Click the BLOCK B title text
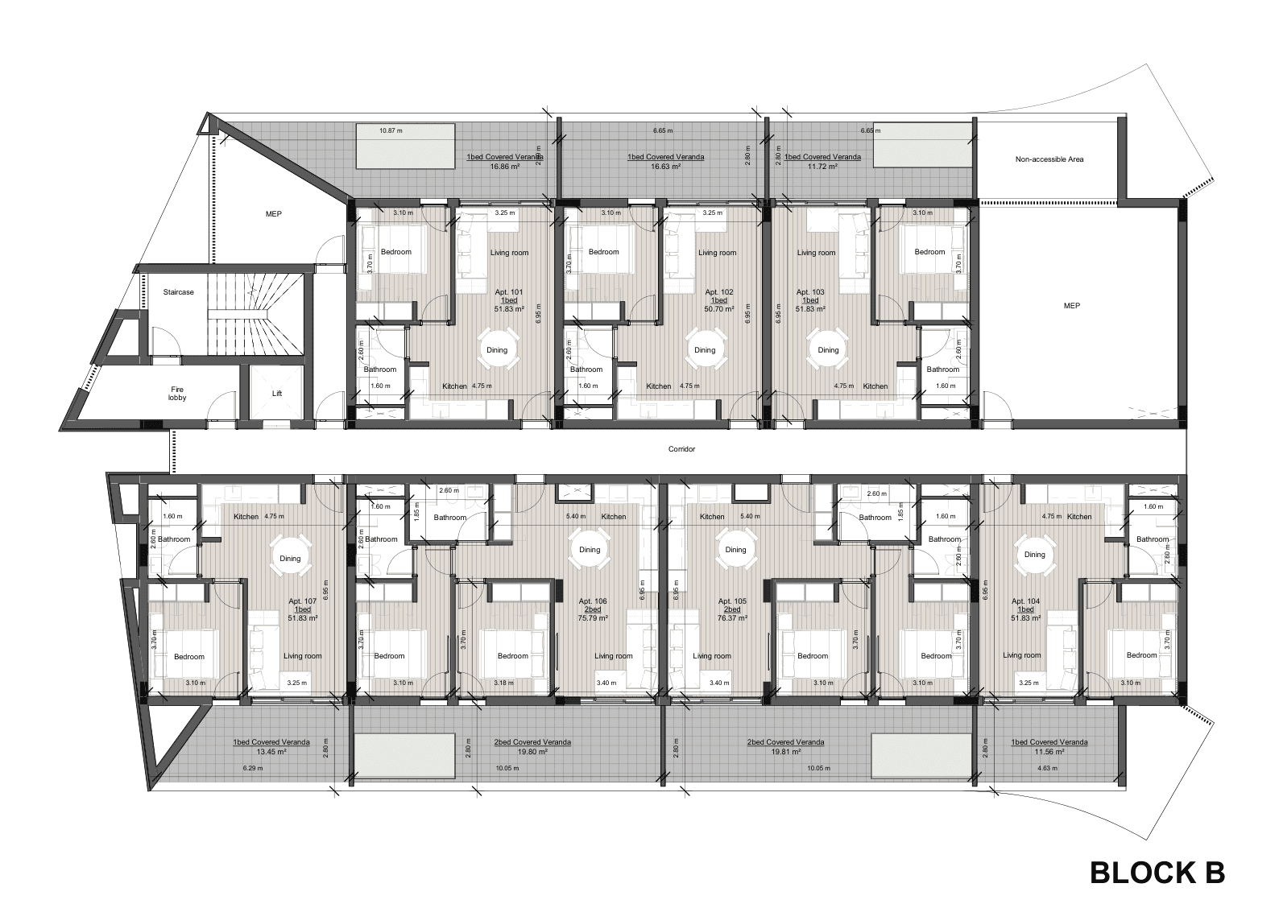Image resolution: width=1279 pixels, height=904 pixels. pyautogui.click(x=1157, y=873)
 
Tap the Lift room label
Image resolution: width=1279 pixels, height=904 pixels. pyautogui.click(x=277, y=393)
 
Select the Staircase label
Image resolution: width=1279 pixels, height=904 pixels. pyautogui.click(x=178, y=292)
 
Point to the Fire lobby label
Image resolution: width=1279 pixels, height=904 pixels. pyautogui.click(x=177, y=394)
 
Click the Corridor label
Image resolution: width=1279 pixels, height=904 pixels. pyautogui.click(x=681, y=449)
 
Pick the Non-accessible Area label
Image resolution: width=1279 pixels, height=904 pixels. pyautogui.click(x=1049, y=159)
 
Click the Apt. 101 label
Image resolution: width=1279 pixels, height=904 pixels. pyautogui.click(x=509, y=292)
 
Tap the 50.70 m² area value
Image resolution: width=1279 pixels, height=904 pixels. pyautogui.click(x=719, y=309)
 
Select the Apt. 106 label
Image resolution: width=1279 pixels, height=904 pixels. pyautogui.click(x=593, y=601)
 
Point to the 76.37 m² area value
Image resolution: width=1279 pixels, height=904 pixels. pyautogui.click(x=732, y=617)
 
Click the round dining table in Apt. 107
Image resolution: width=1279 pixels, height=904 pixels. pyautogui.click(x=290, y=559)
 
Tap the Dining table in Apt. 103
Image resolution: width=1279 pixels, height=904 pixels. pyautogui.click(x=828, y=350)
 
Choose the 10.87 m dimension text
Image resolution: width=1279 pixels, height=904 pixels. pyautogui.click(x=391, y=130)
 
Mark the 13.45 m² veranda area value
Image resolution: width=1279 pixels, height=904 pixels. pyautogui.click(x=271, y=752)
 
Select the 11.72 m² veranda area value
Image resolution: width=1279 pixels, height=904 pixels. pyautogui.click(x=822, y=167)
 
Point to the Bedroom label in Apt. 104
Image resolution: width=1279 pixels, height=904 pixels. pyautogui.click(x=1141, y=655)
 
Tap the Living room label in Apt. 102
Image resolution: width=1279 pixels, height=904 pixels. pyautogui.click(x=717, y=253)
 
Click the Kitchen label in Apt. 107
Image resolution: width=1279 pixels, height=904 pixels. pyautogui.click(x=246, y=517)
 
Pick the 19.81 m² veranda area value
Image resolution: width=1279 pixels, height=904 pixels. pyautogui.click(x=785, y=752)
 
